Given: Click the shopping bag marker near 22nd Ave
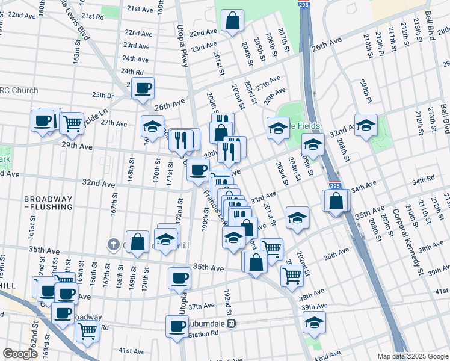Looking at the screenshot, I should pos(232,22).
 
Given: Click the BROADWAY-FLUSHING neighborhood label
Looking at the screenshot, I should pos(48,203).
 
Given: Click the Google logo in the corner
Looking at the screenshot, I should pos(20,354).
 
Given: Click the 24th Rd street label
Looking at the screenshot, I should pos(132,71).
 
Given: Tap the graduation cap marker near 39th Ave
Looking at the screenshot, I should pos(314,323).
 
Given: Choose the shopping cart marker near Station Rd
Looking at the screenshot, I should pos(88,332).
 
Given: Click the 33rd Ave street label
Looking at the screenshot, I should pos(263,197).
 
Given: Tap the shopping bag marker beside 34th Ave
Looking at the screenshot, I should pos(336,201).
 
